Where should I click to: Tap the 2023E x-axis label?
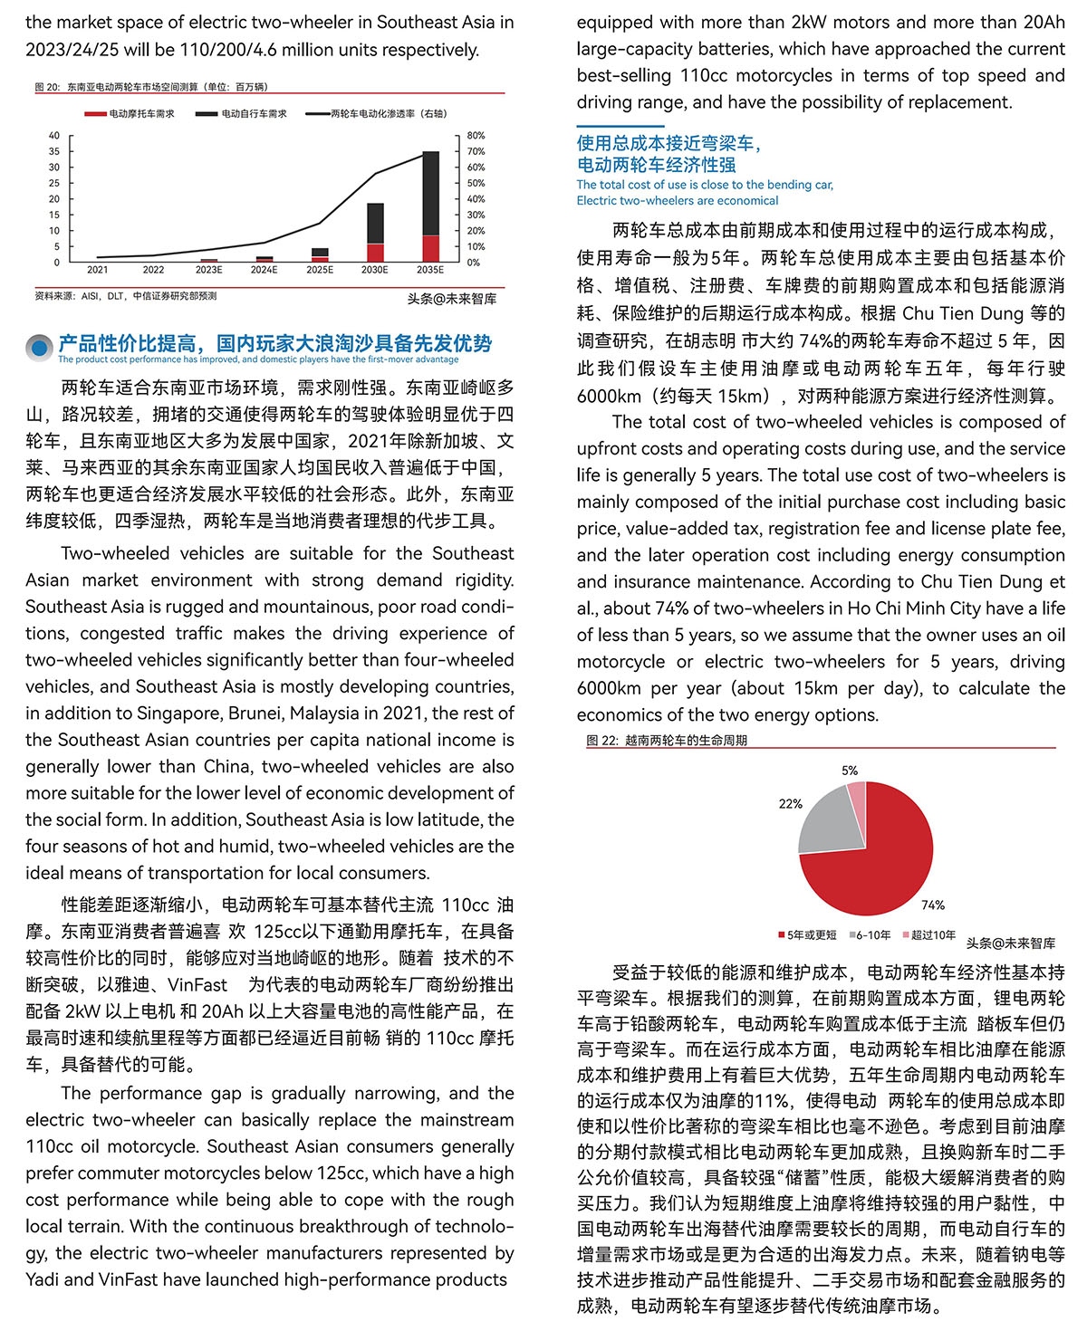[x=208, y=270]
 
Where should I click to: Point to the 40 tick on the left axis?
[x=54, y=136]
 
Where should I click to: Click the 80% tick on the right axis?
[x=476, y=136]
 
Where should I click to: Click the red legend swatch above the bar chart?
[x=95, y=114]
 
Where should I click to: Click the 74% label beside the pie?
[x=932, y=905]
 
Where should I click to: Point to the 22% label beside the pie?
[x=790, y=803]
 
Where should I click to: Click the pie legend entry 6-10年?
[x=872, y=935]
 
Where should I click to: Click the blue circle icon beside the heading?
[x=38, y=347]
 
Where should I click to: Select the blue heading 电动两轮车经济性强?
[x=656, y=165]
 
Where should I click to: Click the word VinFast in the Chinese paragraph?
[x=197, y=985]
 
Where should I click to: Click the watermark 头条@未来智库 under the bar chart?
[x=451, y=299]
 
